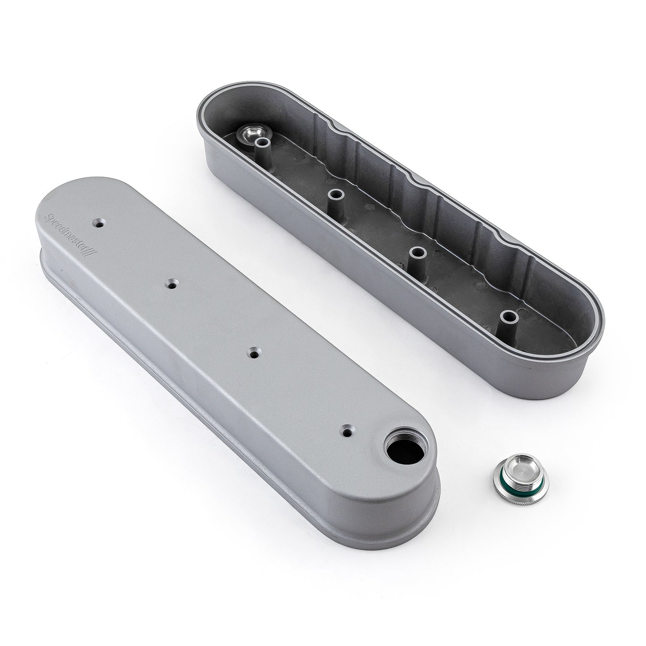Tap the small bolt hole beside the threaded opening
tap(346, 431)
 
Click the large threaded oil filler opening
tap(397, 455)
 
